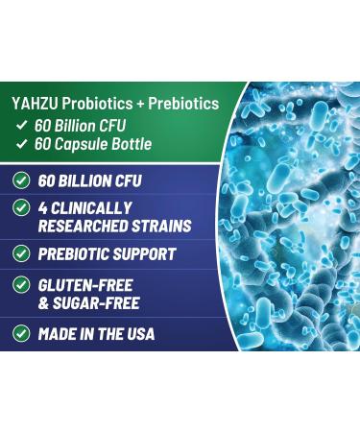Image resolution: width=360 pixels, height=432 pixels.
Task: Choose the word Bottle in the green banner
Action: pos(156,145)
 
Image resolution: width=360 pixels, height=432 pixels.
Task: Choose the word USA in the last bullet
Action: pos(138,334)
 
